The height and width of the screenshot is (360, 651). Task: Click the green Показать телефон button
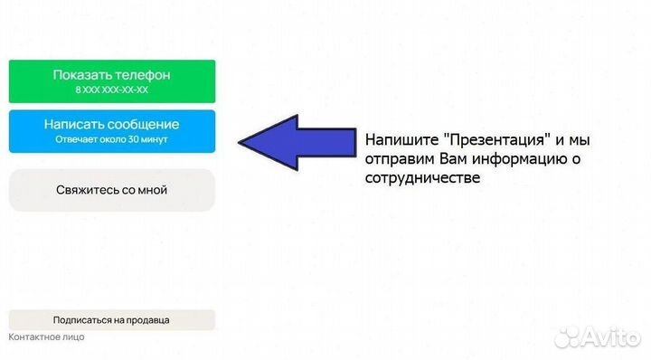[x=111, y=81]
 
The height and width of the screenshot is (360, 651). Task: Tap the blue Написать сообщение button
[x=111, y=130]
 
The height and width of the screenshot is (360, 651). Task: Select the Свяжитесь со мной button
[x=111, y=190]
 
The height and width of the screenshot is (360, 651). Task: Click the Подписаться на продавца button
[x=111, y=320]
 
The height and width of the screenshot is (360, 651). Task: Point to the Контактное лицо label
[x=46, y=337]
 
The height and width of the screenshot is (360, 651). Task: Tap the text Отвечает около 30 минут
[x=111, y=140]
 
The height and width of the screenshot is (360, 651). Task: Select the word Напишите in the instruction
[x=394, y=142]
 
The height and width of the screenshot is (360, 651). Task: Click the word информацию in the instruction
[x=521, y=160]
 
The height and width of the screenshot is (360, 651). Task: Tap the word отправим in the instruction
[x=401, y=160]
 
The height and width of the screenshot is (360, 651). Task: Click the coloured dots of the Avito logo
[x=568, y=336]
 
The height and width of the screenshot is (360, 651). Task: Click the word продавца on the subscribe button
[x=147, y=320]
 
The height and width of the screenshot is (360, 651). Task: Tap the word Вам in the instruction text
[x=456, y=160]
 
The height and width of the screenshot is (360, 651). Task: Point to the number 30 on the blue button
[x=133, y=140]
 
